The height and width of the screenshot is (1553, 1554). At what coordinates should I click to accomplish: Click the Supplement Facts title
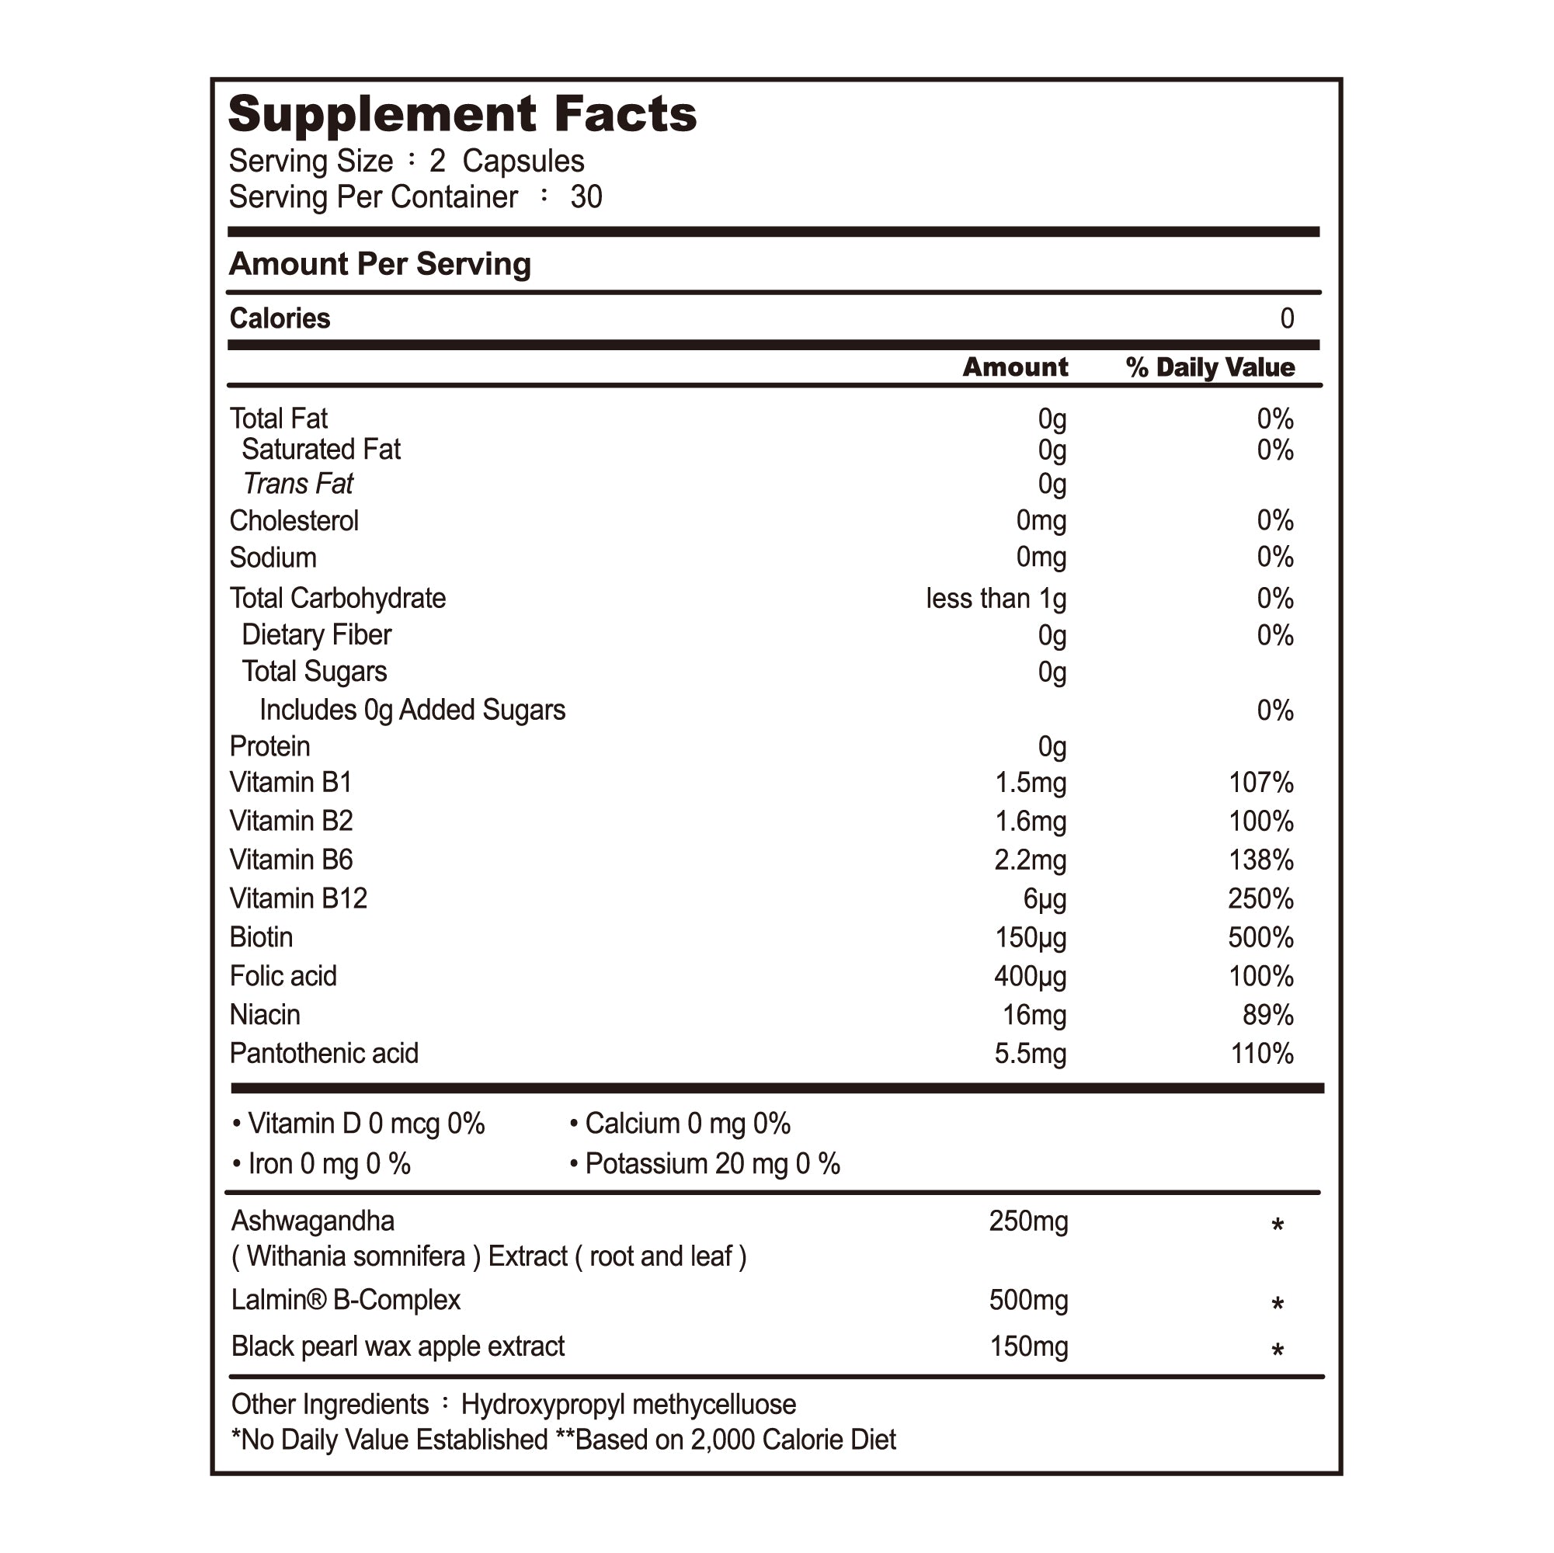coord(463,114)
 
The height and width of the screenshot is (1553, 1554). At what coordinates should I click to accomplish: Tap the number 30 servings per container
coord(586,197)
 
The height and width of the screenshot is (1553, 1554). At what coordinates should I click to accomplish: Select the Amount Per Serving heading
coord(380,264)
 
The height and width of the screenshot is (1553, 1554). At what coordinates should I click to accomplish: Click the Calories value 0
coord(1287,318)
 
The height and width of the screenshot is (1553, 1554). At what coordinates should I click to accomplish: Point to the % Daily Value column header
coord(1210,367)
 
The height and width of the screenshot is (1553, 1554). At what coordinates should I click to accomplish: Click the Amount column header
coord(1015,367)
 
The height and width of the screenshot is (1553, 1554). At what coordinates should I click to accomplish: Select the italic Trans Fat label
coord(297,485)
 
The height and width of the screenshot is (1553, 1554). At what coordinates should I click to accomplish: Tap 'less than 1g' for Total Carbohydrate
coord(996,599)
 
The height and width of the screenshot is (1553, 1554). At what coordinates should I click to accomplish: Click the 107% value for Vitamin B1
coord(1260,783)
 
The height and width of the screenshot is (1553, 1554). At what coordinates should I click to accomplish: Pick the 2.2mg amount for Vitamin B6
coord(1030,860)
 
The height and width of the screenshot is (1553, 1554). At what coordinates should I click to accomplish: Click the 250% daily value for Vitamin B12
coord(1260,898)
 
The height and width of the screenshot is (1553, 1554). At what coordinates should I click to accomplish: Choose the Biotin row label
coord(261,937)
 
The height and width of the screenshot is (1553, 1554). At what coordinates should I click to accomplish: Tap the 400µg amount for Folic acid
coord(1030,976)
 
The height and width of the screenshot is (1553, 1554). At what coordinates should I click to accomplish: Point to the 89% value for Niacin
coord(1267,1015)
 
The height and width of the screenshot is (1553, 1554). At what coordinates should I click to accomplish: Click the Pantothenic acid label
coord(323,1054)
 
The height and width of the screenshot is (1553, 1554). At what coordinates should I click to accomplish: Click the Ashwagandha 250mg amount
coord(1028,1221)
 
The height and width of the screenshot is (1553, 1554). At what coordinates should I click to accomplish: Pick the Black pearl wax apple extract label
coord(398,1346)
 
